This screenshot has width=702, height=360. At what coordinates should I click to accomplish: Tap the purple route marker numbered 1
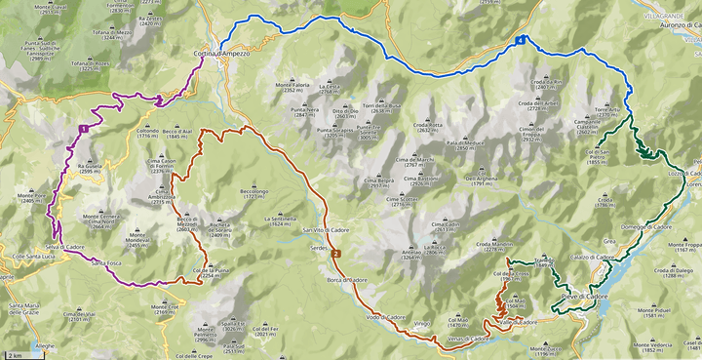tap(85, 128)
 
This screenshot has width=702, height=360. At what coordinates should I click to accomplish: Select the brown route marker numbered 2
tap(336, 254)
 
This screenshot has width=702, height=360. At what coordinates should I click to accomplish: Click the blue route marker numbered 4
tap(522, 40)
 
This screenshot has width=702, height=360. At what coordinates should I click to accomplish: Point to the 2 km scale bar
tap(14, 355)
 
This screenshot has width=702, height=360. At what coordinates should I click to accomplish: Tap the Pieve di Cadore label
tap(584, 296)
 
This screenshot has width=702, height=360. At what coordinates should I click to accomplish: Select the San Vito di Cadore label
tap(325, 229)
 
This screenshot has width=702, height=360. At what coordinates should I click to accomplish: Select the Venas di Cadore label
tap(467, 339)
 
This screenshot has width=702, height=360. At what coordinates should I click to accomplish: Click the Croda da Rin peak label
tap(544, 84)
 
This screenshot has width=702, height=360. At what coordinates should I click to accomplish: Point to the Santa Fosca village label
tap(107, 262)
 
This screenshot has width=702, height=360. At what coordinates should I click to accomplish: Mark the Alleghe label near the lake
tap(46, 345)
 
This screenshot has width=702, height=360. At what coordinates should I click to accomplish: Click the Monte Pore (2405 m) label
tap(32, 198)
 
